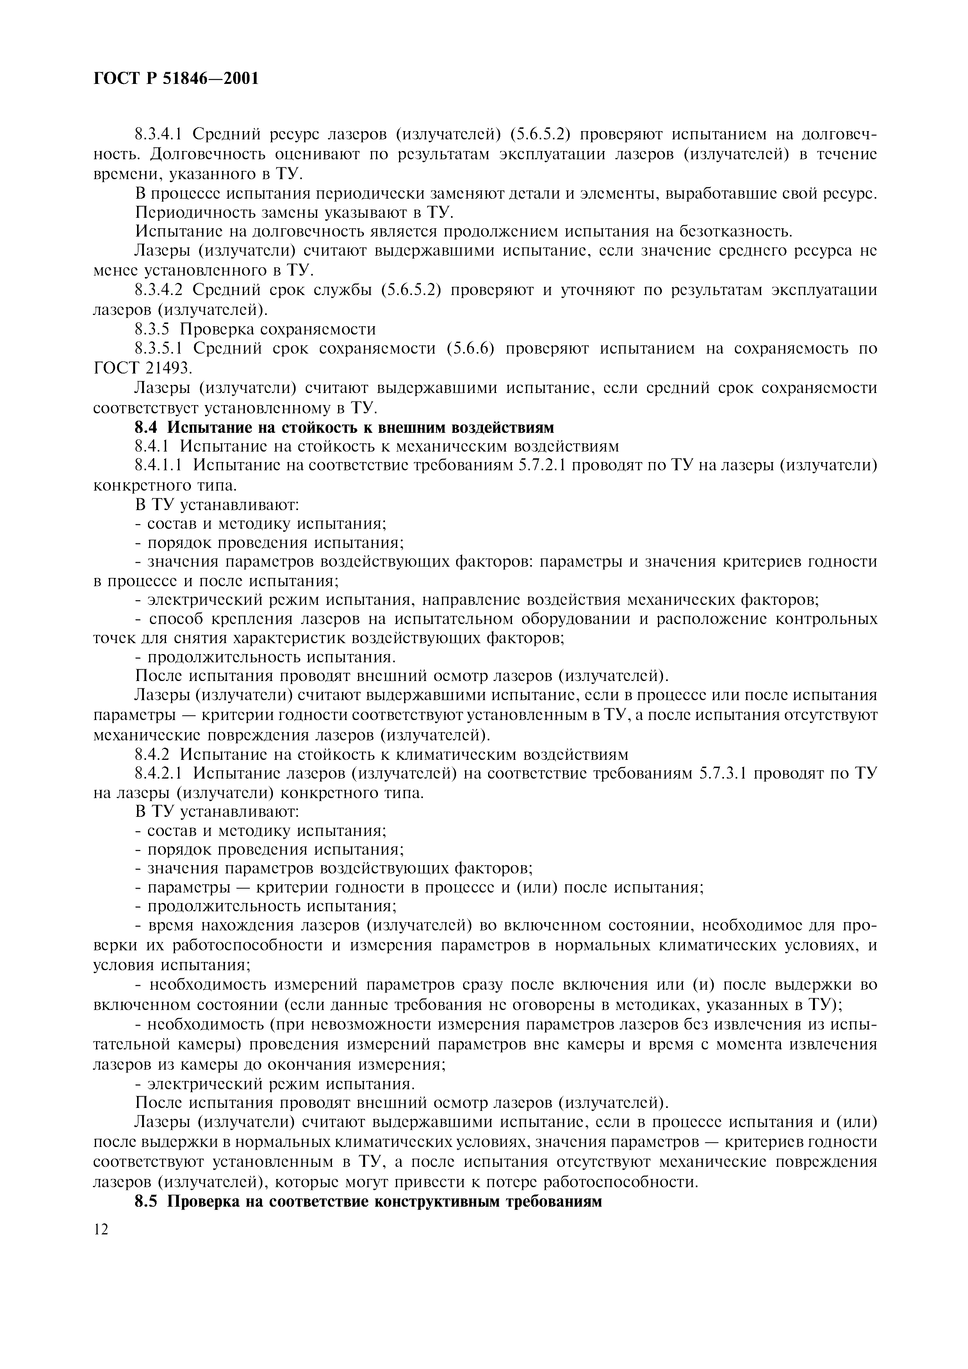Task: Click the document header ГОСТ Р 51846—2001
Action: pos(176,78)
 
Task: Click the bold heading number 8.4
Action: pos(147,427)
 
